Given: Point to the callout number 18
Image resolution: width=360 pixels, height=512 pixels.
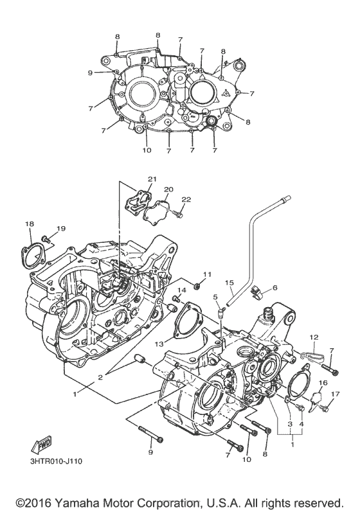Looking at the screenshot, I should (x=30, y=223).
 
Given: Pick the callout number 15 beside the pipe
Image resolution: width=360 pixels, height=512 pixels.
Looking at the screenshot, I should (x=228, y=283).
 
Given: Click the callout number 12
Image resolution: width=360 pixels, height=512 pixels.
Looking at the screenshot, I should (x=314, y=337).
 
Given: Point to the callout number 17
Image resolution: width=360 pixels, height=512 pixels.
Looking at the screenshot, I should (x=334, y=394).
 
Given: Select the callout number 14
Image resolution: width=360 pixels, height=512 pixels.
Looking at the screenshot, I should (x=181, y=291).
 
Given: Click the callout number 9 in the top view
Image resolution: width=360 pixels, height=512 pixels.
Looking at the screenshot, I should (x=91, y=73).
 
